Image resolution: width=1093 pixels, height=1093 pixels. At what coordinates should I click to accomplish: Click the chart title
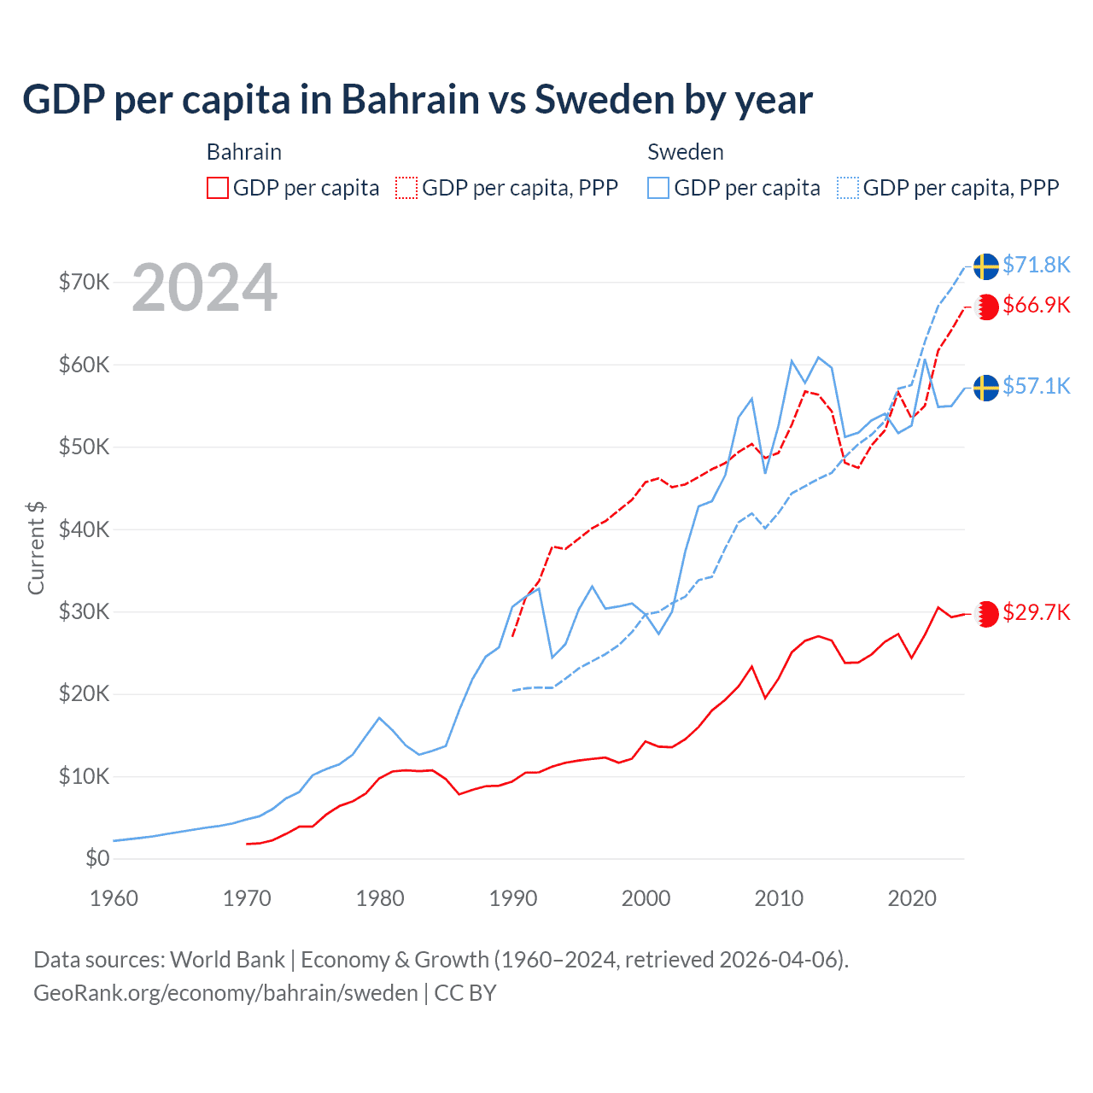(418, 100)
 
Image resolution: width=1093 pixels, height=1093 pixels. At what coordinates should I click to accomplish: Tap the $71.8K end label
(1036, 265)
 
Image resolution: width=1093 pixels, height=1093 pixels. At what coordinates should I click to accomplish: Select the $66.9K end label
(1036, 305)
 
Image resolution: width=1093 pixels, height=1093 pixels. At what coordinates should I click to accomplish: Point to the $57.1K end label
(1036, 386)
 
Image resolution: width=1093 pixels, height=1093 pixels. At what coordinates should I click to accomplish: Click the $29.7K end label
(1036, 612)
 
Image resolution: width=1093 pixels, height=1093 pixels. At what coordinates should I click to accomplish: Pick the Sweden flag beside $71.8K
(986, 266)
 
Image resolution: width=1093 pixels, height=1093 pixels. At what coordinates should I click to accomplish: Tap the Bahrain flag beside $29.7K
(986, 614)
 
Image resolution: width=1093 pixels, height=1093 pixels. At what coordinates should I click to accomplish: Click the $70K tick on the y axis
(84, 282)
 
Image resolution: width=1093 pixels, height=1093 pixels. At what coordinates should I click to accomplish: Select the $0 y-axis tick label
(97, 858)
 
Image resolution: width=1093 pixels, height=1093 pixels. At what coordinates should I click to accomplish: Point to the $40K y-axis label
(84, 529)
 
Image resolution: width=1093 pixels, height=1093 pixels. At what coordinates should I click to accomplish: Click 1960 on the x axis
(114, 898)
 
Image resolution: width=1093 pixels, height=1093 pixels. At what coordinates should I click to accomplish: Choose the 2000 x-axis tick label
(646, 898)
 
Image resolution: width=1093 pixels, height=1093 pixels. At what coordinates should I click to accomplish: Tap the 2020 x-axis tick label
(912, 898)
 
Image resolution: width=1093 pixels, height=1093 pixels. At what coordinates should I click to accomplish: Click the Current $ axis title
(36, 548)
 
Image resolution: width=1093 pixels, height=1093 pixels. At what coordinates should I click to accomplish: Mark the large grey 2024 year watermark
(204, 288)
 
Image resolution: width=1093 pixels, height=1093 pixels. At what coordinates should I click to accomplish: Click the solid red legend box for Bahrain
(218, 188)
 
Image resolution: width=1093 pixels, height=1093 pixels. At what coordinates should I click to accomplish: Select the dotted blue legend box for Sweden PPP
(848, 188)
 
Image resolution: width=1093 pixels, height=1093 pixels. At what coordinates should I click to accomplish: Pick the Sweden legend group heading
(685, 152)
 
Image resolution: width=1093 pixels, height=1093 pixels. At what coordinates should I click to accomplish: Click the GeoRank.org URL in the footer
(225, 993)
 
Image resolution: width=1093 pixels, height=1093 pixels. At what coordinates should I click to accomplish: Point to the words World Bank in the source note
(227, 960)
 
